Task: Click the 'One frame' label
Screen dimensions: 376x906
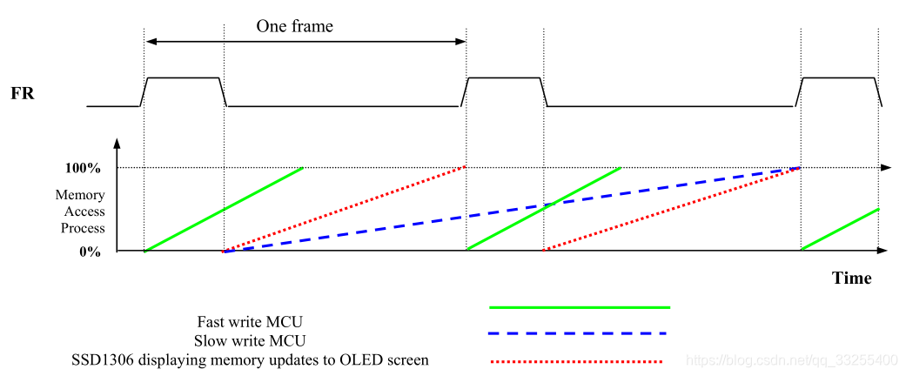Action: point(294,26)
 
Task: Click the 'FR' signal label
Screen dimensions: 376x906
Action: point(23,92)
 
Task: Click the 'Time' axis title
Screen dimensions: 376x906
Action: point(851,279)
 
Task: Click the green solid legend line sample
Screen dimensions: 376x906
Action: point(580,307)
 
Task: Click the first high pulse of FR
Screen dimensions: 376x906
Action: point(183,78)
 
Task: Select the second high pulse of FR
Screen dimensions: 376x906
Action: point(505,78)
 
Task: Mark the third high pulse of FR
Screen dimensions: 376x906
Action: point(839,78)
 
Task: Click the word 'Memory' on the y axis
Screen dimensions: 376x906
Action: point(80,195)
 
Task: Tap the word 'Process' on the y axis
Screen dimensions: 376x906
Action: point(83,228)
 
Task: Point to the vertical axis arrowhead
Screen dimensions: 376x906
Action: point(116,143)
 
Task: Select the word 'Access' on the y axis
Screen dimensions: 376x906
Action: point(84,211)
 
